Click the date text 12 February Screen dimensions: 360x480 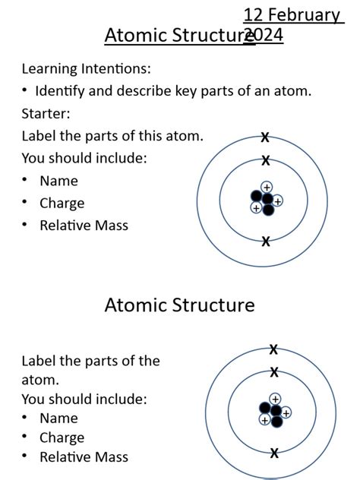(292, 15)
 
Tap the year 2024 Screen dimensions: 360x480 (264, 35)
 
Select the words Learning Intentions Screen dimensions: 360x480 (86, 69)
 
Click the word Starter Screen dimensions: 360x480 (46, 114)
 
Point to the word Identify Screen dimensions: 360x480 (62, 91)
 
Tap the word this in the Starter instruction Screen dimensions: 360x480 (150, 137)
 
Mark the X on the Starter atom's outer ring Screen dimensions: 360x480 (265, 137)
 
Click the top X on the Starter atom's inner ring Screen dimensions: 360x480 (266, 161)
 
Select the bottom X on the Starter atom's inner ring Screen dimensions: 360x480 (266, 242)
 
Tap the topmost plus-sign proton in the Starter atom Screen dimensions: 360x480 (267, 187)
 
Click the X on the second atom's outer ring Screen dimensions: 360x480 (274, 349)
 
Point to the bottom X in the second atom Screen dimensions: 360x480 (274, 453)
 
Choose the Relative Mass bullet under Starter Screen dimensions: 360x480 (84, 226)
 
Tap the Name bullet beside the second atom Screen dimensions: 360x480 (58, 418)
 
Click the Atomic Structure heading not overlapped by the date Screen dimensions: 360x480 (179, 305)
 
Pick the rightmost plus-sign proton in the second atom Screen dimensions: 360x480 (286, 413)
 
